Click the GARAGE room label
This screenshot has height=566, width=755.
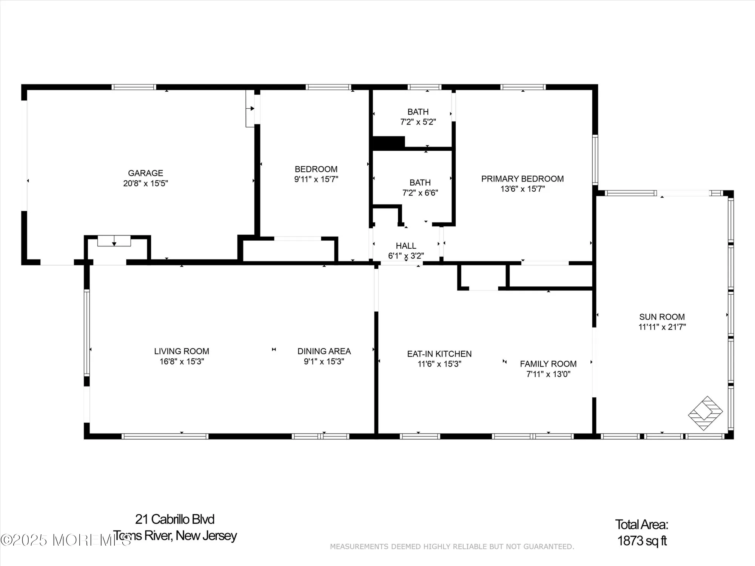[x=145, y=173]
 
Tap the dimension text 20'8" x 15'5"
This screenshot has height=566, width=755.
[x=145, y=183]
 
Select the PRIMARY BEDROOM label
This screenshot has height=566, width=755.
[x=522, y=179]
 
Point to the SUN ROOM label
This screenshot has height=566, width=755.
[x=662, y=317]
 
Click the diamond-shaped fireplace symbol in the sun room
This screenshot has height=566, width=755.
[x=705, y=413]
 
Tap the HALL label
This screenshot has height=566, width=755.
[x=406, y=246]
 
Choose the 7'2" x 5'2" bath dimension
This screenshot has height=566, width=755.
[x=418, y=122]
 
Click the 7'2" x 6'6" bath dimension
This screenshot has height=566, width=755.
[x=420, y=193]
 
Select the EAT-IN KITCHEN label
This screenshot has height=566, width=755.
[x=439, y=354]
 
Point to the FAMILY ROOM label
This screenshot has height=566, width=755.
[x=548, y=364]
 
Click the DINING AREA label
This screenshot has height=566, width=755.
[x=324, y=351]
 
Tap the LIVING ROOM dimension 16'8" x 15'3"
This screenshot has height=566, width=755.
[x=182, y=361]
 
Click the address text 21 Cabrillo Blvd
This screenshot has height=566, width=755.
[x=175, y=519]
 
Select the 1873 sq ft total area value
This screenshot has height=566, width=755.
[x=642, y=541]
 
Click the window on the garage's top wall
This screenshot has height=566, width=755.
[x=134, y=87]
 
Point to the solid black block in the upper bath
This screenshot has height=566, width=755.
[x=388, y=142]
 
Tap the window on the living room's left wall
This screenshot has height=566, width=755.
[x=87, y=332]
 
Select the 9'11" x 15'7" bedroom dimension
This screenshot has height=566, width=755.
[x=316, y=180]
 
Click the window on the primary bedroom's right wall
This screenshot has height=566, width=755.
[x=595, y=160]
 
